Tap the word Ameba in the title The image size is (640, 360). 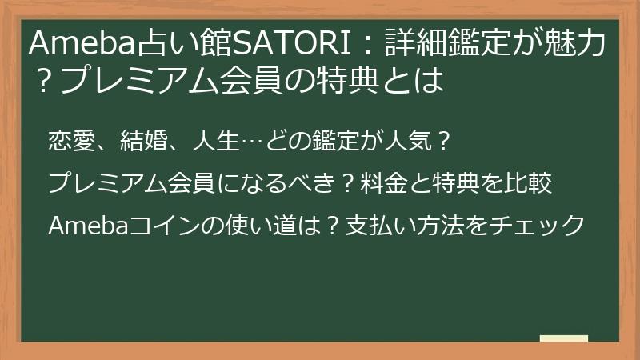(x=82, y=44)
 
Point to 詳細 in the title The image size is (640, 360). (x=415, y=44)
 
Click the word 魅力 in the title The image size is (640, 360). (x=574, y=44)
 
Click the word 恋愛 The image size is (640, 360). (x=71, y=142)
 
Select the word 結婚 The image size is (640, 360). (x=144, y=142)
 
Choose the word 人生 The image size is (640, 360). (x=216, y=142)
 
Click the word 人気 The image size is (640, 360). (x=409, y=142)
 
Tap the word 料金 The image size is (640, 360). (x=384, y=183)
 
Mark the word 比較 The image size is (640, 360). (x=529, y=183)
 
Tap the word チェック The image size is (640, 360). (x=537, y=226)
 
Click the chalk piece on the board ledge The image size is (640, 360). (x=564, y=338)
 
